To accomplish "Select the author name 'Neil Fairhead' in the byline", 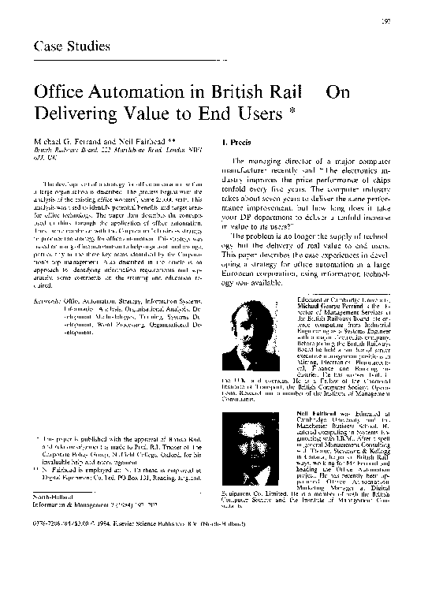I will pyautogui.click(x=125, y=138).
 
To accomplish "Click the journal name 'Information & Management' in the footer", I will pyautogui.click(x=71, y=549).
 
